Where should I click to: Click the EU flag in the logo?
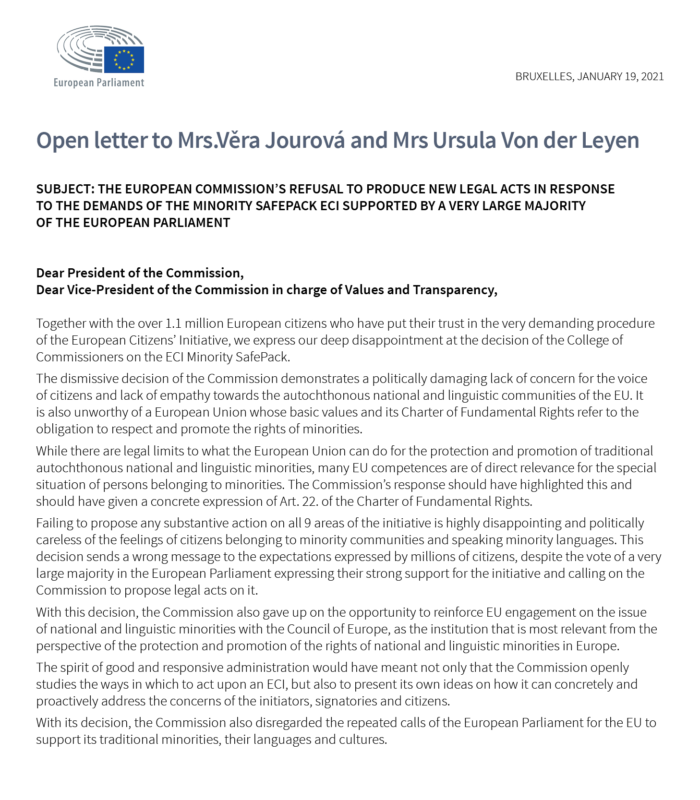tap(124, 60)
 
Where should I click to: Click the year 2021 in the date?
tap(652, 76)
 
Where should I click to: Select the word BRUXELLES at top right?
tap(544, 76)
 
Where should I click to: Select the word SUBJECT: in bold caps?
tap(65, 189)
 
